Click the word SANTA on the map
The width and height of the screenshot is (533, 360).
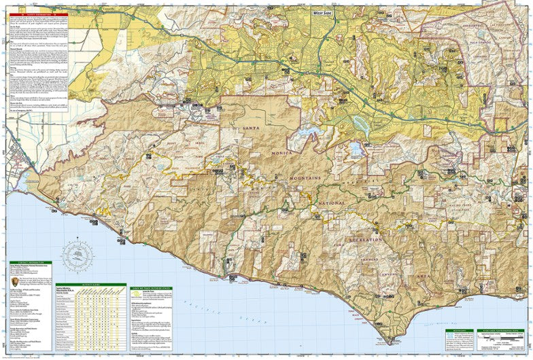243,128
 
